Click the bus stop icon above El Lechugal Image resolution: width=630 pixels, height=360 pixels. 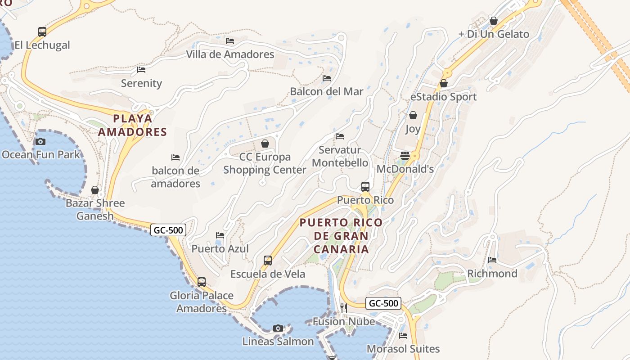[42, 32]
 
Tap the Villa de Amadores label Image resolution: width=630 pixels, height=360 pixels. [230, 54]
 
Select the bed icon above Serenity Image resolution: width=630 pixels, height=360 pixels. [141, 70]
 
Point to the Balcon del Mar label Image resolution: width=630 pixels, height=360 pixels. [326, 91]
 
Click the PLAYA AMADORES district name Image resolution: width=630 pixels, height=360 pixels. [132, 125]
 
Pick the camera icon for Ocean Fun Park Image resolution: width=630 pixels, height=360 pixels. [40, 142]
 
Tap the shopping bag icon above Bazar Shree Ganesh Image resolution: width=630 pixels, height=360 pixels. [95, 190]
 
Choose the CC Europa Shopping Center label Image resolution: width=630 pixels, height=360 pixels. [265, 163]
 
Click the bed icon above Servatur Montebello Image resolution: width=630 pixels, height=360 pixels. [340, 136]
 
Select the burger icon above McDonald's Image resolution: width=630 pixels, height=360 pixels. [405, 156]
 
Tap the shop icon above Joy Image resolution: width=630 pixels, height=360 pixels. [413, 116]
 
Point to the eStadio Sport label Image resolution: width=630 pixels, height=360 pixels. [443, 97]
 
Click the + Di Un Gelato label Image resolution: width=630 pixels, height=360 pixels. [494, 34]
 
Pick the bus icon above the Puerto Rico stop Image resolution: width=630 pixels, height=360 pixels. [365, 187]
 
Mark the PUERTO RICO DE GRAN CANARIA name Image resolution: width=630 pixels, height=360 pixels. [341, 236]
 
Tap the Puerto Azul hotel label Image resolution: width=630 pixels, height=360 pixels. [220, 249]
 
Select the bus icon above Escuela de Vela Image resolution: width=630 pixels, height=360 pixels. [268, 261]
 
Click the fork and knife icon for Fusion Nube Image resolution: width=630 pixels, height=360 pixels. [344, 308]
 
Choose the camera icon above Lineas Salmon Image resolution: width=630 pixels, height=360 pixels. [278, 328]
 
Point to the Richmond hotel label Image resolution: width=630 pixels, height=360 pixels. [492, 274]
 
